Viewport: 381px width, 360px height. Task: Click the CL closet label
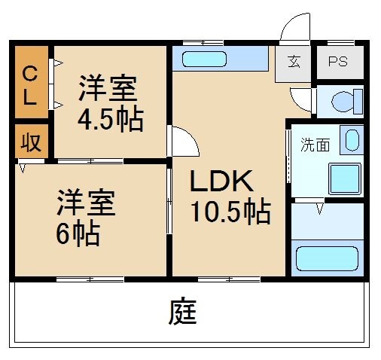30,84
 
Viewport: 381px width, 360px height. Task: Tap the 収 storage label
30,142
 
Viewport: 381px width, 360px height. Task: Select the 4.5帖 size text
110,120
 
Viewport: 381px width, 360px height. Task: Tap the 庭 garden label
183,312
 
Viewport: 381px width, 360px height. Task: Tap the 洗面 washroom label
315,145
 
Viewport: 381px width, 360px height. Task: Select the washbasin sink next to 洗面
350,140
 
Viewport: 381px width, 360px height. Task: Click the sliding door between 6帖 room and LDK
169,219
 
